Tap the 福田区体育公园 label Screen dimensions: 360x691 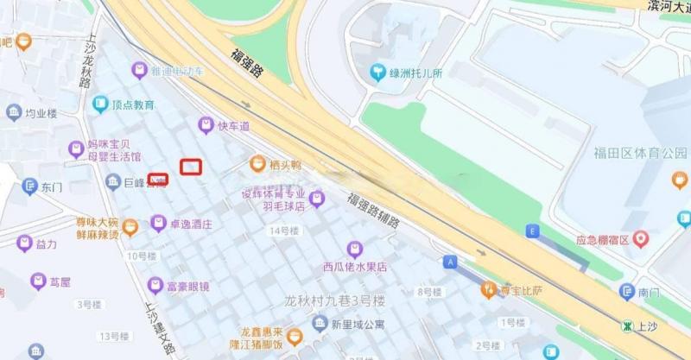tap(639, 154)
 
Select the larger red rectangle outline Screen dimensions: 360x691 tap(190, 166)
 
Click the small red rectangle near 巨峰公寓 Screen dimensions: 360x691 tap(157, 180)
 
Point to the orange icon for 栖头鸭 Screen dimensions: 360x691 tap(257, 163)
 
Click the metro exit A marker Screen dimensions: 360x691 tap(449, 261)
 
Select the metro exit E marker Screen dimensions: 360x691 tap(532, 231)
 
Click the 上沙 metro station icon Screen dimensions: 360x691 tap(626, 325)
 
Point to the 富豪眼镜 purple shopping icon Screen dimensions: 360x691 tap(155, 285)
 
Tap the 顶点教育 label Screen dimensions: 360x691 tap(132, 104)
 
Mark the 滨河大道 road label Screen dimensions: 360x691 tap(669, 6)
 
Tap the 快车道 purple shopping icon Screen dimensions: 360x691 tap(206, 126)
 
